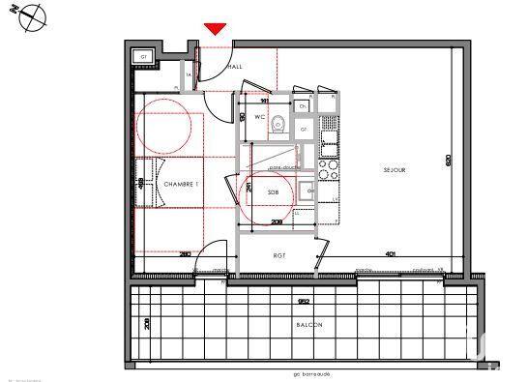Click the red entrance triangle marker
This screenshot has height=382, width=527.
(x=216, y=29)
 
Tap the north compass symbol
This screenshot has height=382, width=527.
(x=33, y=16)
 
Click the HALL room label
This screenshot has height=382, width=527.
(x=235, y=66)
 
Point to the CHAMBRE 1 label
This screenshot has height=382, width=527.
(x=181, y=183)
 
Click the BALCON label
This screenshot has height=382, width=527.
(x=309, y=325)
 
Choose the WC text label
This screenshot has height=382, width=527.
(x=259, y=117)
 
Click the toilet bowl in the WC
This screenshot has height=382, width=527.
(x=278, y=123)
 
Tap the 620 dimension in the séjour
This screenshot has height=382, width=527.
(x=448, y=162)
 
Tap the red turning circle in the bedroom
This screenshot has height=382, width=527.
(x=163, y=131)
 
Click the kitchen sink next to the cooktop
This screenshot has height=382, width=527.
(x=327, y=144)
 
